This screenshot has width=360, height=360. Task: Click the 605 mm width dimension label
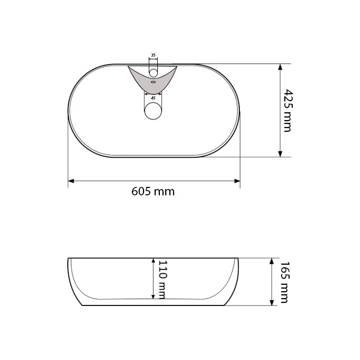[153, 191]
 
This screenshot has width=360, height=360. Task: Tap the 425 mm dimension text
[288, 111]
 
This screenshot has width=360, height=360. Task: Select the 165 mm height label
[284, 282]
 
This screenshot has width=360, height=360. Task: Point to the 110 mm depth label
[161, 280]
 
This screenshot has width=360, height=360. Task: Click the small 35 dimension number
[153, 55]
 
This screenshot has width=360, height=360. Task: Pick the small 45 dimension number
[153, 98]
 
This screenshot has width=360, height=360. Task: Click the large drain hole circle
[153, 111]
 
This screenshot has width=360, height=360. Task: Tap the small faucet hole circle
[153, 73]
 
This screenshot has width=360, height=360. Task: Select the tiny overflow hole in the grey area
[154, 82]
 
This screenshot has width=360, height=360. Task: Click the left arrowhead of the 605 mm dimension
[71, 181]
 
